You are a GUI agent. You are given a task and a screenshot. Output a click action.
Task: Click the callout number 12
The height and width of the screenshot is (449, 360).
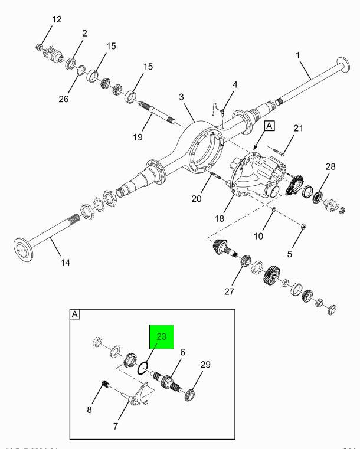(56, 19)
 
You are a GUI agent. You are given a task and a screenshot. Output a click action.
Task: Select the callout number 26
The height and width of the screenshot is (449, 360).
(64, 99)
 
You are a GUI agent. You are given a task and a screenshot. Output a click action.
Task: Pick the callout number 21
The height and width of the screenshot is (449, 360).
(299, 129)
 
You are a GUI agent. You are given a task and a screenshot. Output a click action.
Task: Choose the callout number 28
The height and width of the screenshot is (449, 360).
(330, 168)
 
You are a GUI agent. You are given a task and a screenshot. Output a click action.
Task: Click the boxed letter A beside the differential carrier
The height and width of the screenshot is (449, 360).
(269, 126)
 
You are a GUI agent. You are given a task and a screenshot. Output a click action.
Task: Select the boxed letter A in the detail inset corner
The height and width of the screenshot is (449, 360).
(75, 314)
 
